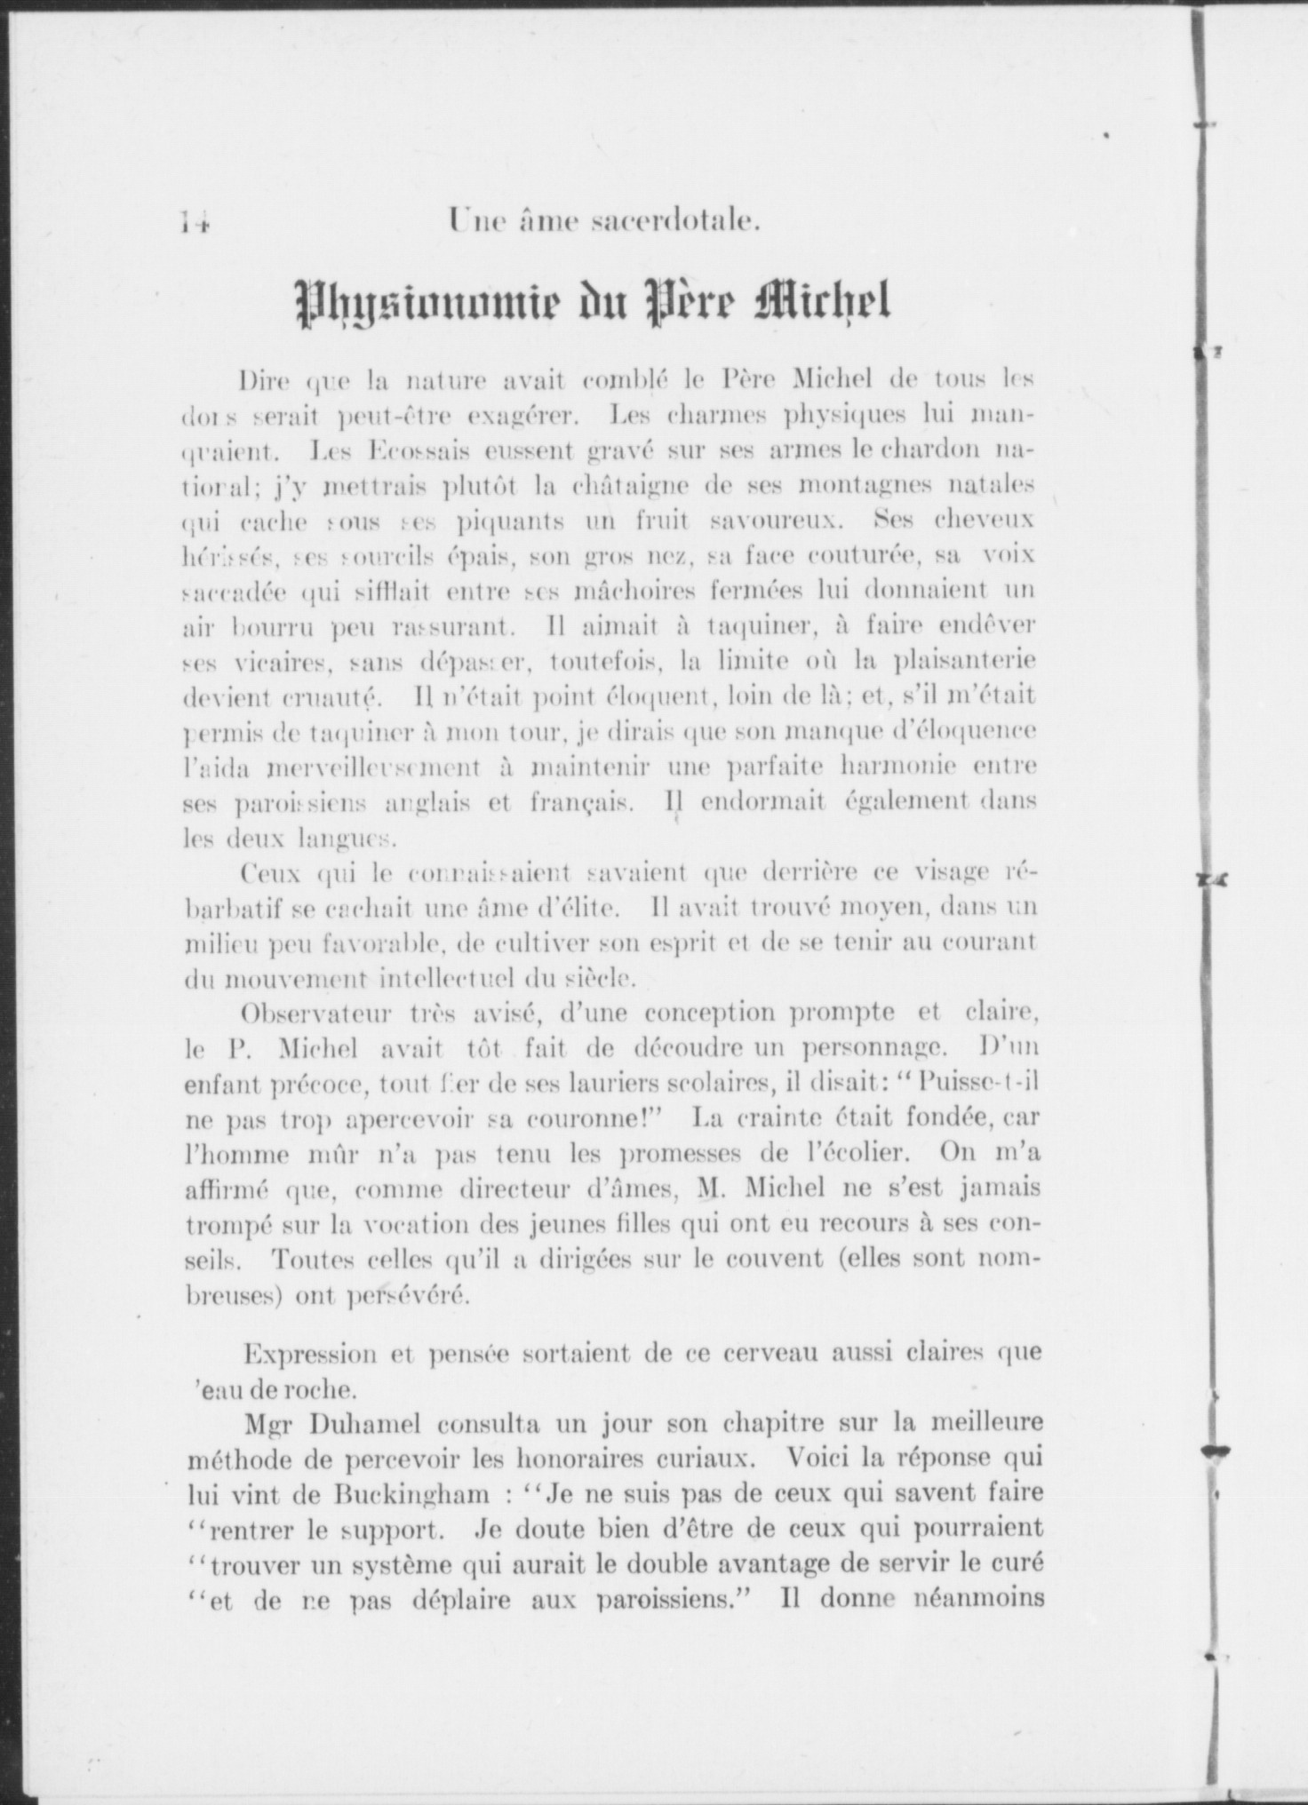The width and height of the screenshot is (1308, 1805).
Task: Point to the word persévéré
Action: tap(408, 1297)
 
